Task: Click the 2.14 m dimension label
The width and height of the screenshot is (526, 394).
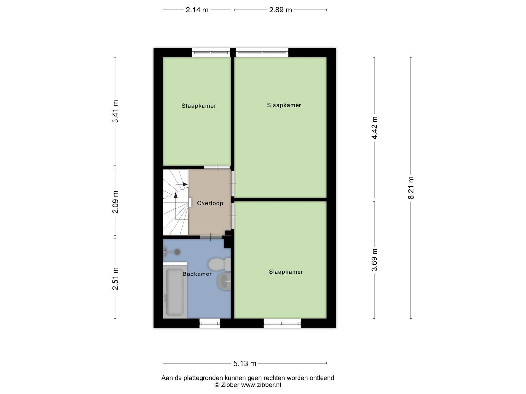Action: point(197,10)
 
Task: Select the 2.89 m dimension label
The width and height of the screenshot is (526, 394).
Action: point(280,10)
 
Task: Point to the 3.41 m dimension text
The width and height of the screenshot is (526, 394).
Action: point(115,112)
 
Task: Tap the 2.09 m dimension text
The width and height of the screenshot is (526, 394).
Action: point(115,202)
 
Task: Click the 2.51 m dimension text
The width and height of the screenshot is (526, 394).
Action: point(115,279)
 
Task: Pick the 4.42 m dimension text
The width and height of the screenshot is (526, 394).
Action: point(374,128)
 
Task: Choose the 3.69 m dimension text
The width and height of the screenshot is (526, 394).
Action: point(374,260)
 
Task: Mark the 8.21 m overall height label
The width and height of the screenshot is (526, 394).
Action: point(411,188)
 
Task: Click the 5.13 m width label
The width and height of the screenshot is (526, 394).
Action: point(245,363)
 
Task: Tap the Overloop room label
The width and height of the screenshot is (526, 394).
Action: point(210,203)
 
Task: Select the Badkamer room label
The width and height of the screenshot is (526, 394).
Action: point(197,274)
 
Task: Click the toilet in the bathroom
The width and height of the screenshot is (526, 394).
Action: point(220,264)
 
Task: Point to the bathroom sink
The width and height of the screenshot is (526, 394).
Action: point(224,281)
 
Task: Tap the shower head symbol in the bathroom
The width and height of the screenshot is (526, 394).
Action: point(172,252)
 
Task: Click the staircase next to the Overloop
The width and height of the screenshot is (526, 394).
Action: point(176,202)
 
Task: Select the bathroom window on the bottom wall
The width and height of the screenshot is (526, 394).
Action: point(209,323)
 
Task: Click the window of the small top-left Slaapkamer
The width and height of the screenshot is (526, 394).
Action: point(211,53)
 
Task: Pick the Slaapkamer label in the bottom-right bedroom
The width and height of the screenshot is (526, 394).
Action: point(286,272)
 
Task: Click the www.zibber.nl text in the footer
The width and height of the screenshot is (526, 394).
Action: point(261,385)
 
